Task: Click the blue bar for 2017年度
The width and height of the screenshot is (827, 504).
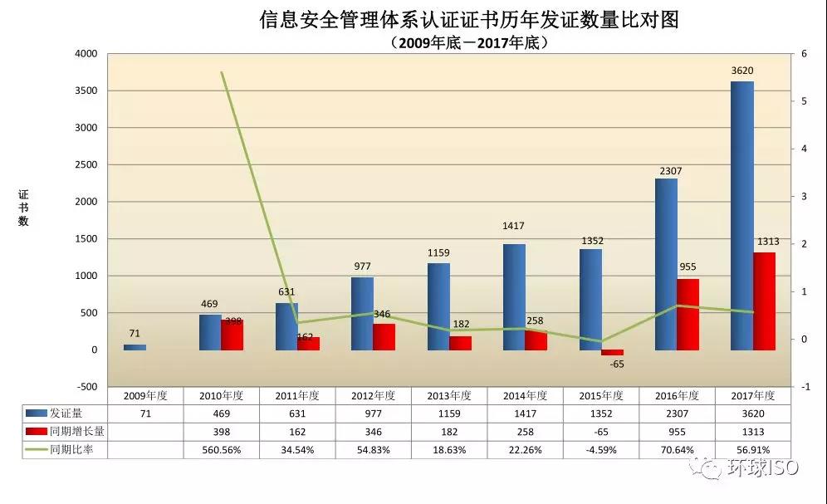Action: (x=742, y=216)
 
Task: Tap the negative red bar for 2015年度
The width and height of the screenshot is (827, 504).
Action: (x=612, y=353)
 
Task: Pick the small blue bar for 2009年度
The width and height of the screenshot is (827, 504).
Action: (x=135, y=347)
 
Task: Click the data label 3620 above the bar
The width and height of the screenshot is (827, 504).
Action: (x=742, y=71)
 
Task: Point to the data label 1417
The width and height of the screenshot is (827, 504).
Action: (x=513, y=226)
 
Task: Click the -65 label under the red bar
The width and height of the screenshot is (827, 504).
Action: (x=617, y=365)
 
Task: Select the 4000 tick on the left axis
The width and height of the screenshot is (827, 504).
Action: (x=86, y=54)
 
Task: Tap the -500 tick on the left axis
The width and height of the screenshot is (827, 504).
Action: (x=86, y=387)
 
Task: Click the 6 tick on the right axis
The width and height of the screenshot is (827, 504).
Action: (x=805, y=54)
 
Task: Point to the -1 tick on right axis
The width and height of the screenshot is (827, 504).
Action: (x=805, y=387)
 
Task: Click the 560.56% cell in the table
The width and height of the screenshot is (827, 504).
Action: (x=222, y=450)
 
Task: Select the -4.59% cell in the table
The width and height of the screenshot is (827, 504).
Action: (x=601, y=450)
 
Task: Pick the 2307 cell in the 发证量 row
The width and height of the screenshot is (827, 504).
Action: (x=677, y=413)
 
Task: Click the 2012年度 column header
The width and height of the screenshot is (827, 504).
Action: (x=373, y=395)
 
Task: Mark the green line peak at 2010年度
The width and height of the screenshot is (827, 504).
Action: (x=222, y=73)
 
